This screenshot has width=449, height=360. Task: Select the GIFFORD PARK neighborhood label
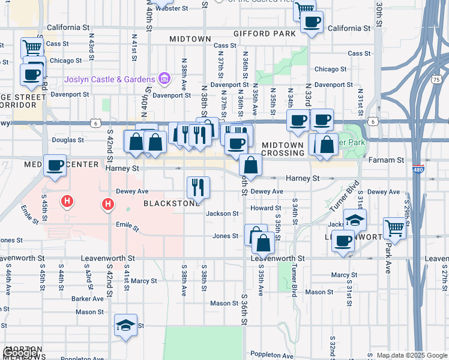coord(265,34)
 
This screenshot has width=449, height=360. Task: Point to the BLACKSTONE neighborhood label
coord(172,203)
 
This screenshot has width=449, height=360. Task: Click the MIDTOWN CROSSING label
coord(283,149)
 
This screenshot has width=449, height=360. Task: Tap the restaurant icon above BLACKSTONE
coord(197,187)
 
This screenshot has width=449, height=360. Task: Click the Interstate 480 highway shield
coord(418,170)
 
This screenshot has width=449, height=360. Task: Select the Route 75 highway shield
coord(435,79)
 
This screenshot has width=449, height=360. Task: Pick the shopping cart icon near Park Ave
coord(394,227)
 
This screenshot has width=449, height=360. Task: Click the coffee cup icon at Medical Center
coord(55,165)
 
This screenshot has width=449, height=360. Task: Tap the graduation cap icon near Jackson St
coord(355,220)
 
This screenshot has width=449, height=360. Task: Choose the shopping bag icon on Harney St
coord(250,164)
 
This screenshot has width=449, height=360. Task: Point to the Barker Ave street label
coord(88,298)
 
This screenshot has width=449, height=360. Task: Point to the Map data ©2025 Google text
coord(411,355)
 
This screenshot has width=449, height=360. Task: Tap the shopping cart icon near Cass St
coord(32,47)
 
